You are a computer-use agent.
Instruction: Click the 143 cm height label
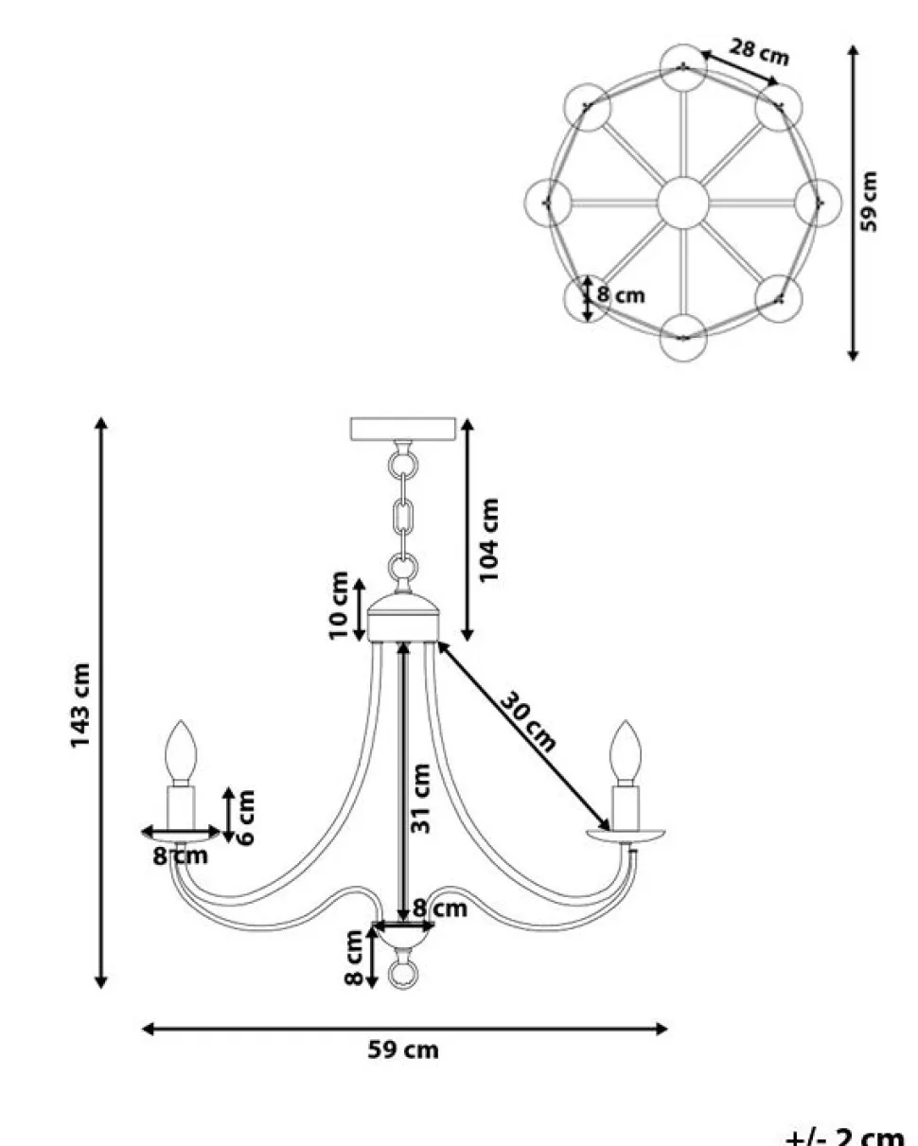[81, 705]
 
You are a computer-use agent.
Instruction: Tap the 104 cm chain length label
[488, 540]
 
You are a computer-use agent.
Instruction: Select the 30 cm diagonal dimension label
[528, 721]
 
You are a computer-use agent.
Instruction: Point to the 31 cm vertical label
[422, 797]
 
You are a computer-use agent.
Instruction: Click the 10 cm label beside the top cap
[339, 605]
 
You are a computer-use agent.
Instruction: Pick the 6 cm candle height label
[244, 818]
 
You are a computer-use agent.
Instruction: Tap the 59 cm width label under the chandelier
[403, 1049]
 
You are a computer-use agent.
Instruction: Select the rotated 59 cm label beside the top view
[870, 201]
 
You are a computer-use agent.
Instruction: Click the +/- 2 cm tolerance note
[844, 1136]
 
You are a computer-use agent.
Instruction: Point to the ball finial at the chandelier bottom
[402, 973]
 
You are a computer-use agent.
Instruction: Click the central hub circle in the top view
[682, 202]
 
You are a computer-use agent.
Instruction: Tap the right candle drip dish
[625, 836]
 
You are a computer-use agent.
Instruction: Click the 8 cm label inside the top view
[621, 295]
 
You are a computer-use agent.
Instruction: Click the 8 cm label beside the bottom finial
[354, 958]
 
